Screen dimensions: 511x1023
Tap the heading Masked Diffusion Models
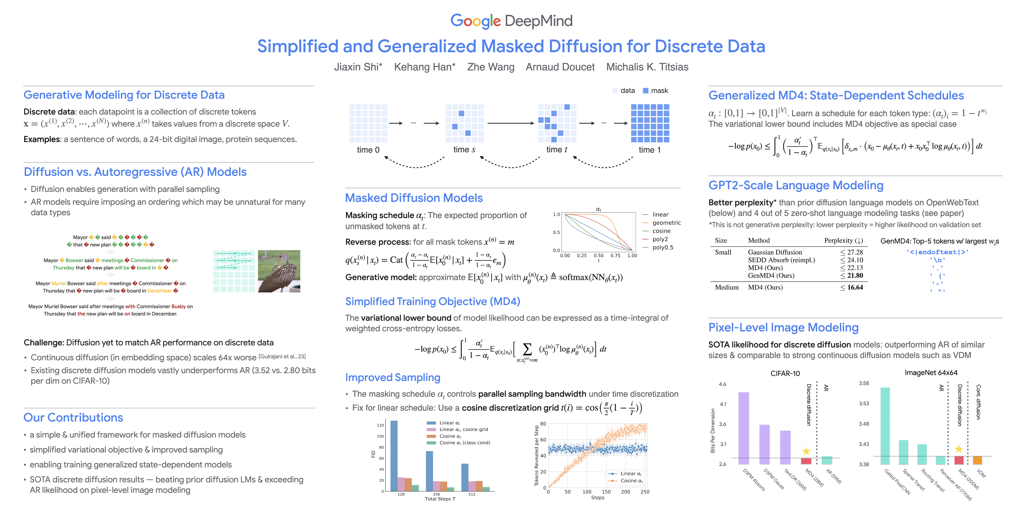pyautogui.click(x=414, y=198)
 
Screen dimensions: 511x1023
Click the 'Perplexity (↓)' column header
pyautogui.click(x=844, y=240)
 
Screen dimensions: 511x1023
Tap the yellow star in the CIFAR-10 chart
pyautogui.click(x=806, y=451)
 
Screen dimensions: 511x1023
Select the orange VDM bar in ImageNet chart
pyautogui.click(x=977, y=460)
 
